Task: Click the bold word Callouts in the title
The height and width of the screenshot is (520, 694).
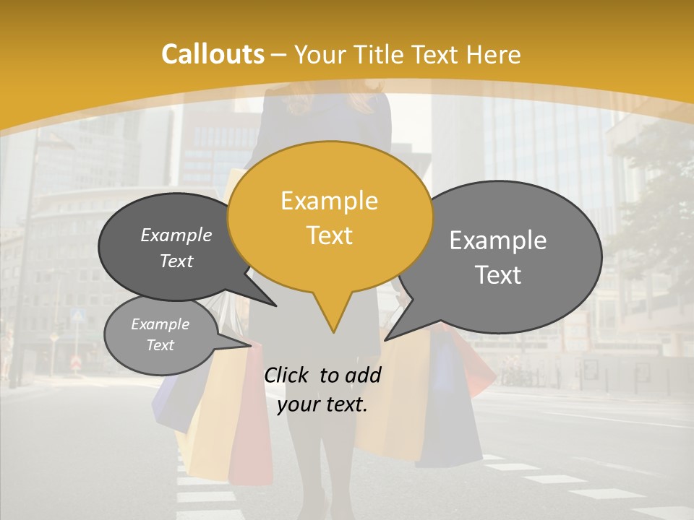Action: click(213, 54)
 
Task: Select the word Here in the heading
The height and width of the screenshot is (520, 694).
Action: click(494, 54)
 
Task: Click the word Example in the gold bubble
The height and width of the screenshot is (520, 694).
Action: click(329, 201)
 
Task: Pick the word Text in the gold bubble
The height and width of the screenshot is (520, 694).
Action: click(329, 235)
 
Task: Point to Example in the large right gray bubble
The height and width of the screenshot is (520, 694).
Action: click(498, 240)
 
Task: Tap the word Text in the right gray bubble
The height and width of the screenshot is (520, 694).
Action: click(498, 275)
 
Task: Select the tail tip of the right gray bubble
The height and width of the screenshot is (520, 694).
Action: click(386, 339)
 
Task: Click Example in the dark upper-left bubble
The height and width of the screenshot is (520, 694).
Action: click(176, 235)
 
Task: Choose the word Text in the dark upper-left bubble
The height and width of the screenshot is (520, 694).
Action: click(176, 261)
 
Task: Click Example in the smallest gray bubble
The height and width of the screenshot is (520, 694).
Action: click(160, 324)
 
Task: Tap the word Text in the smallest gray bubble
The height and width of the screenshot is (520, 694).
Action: click(160, 345)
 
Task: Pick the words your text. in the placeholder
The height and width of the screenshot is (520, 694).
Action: click(322, 404)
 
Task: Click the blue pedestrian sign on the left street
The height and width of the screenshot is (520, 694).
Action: click(80, 315)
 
